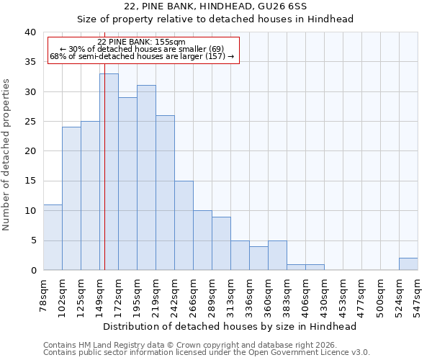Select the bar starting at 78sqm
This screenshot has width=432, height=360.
click(53, 237)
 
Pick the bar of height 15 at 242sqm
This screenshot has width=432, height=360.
click(184, 225)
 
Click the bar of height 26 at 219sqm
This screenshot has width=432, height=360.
click(165, 192)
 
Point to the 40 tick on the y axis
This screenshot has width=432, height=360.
click(30, 32)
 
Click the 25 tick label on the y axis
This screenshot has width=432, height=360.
click(30, 122)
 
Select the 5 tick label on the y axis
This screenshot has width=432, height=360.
click(32, 240)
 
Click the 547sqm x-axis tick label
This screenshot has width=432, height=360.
click(418, 294)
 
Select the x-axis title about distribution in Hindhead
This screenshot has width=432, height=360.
click(230, 326)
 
